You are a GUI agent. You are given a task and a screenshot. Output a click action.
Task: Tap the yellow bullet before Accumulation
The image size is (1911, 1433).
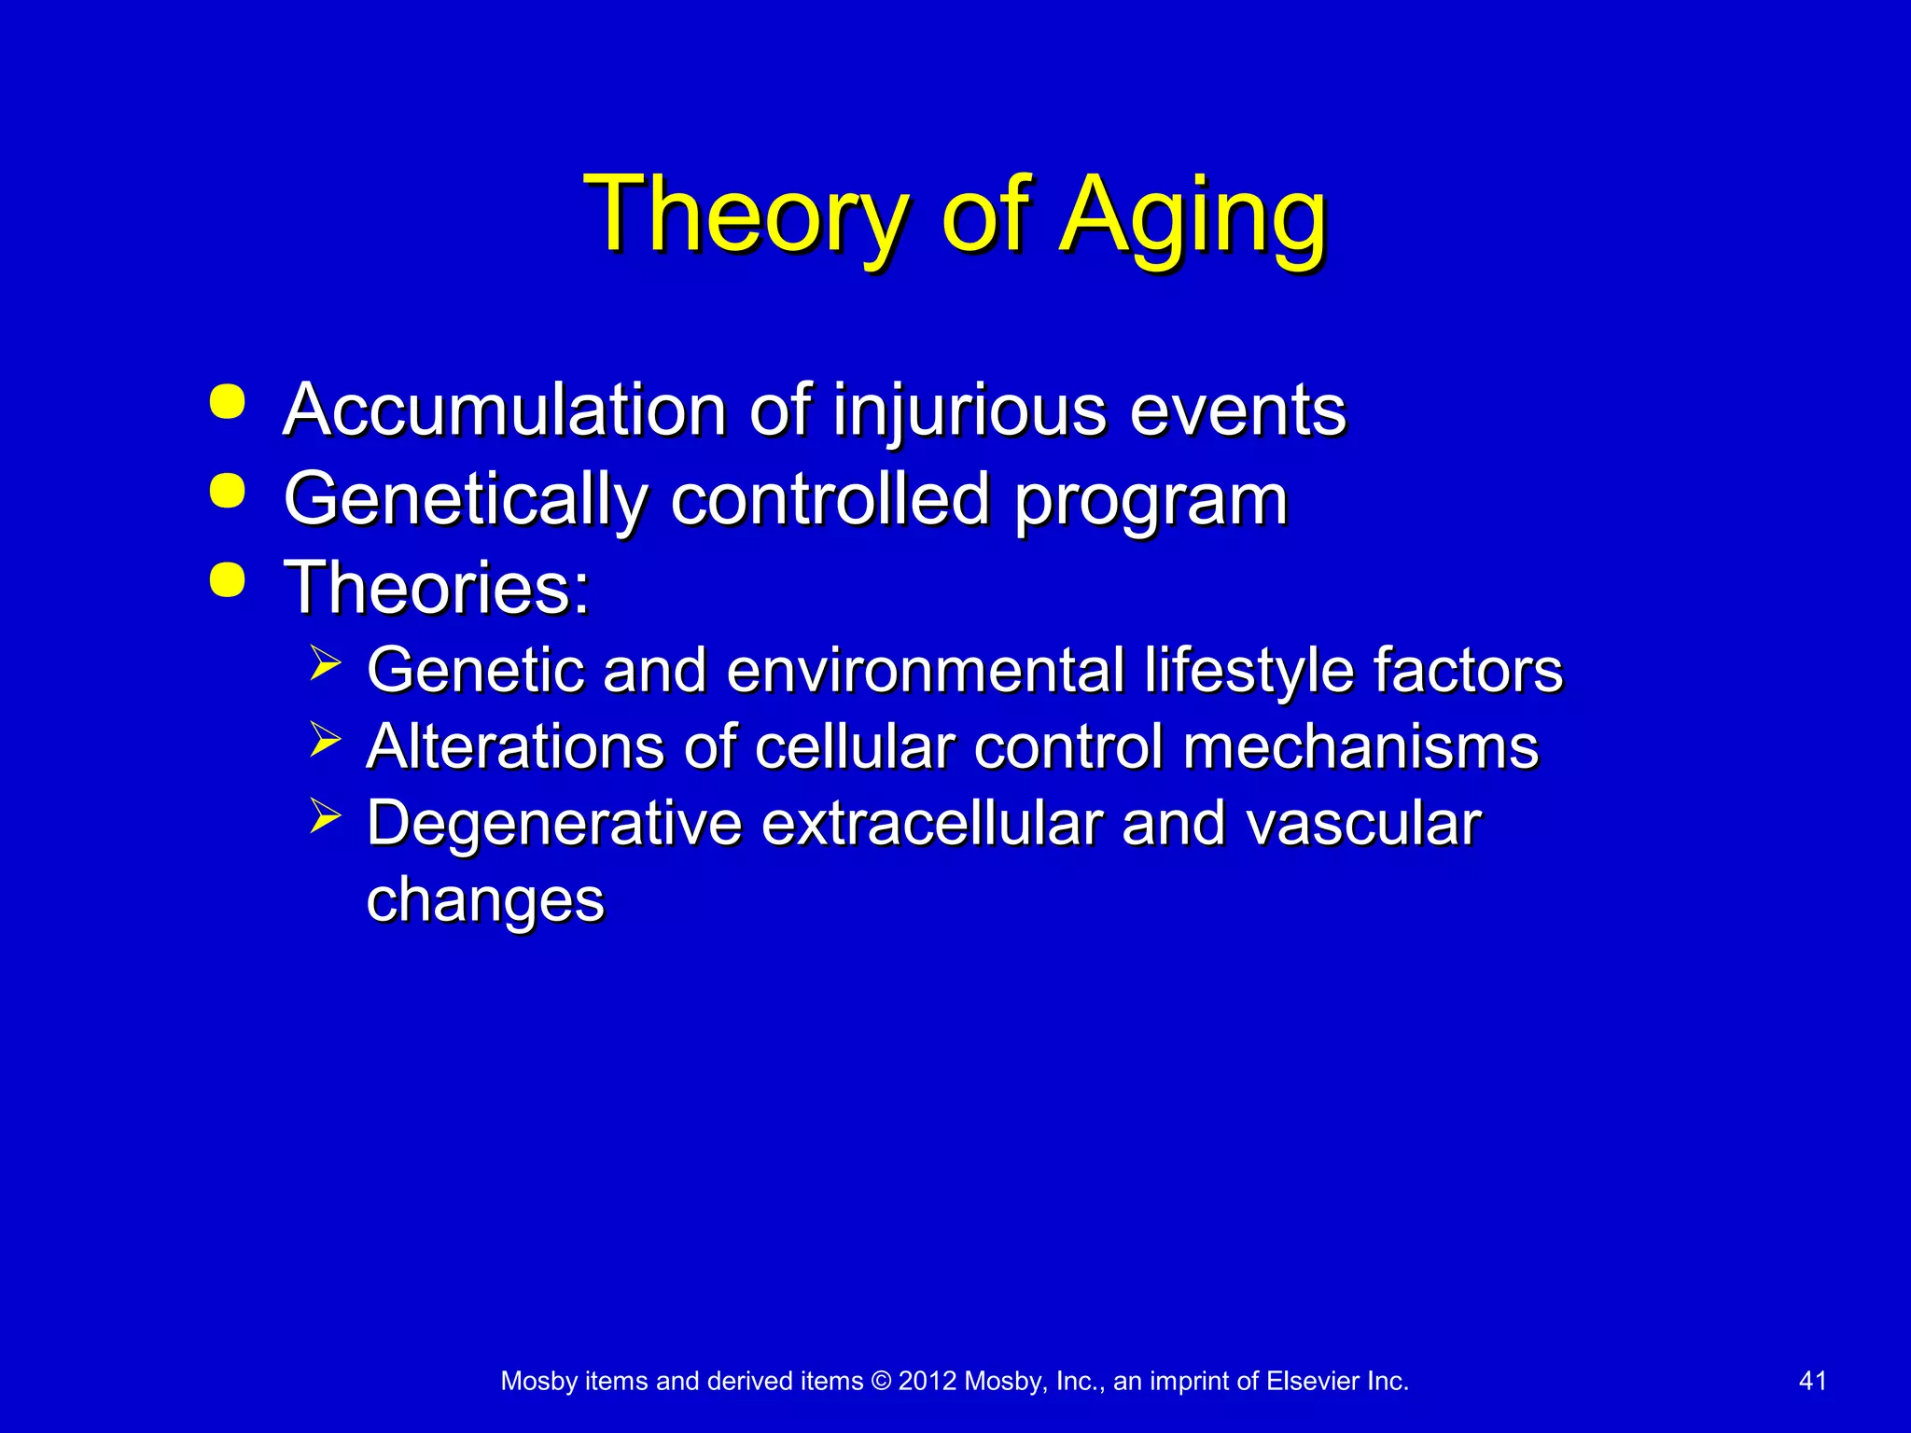click(x=228, y=402)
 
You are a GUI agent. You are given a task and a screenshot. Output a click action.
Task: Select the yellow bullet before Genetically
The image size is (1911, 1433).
click(x=228, y=491)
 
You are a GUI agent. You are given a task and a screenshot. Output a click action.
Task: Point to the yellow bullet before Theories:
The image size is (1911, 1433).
click(x=228, y=579)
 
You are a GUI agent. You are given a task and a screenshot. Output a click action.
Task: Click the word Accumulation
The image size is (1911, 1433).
click(x=505, y=410)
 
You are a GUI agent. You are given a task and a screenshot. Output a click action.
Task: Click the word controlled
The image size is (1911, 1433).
click(x=830, y=498)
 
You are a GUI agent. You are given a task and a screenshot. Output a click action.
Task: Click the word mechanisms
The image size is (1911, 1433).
click(x=1360, y=747)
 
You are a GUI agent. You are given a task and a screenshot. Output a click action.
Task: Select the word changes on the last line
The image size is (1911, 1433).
click(x=485, y=901)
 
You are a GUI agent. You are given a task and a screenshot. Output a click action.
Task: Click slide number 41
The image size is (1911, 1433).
click(x=1812, y=1381)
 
